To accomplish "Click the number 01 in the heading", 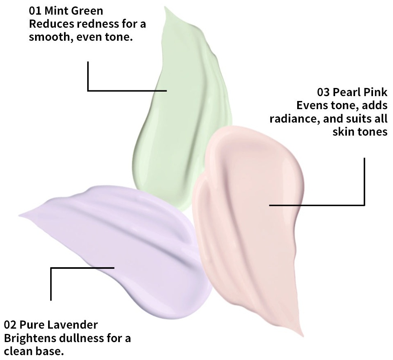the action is point(35,11).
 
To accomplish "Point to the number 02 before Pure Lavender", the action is point(10,325).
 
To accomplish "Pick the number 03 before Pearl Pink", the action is point(323,92).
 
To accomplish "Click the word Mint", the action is point(56,11).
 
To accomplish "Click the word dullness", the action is point(81,338).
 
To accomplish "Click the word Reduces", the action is point(51,24).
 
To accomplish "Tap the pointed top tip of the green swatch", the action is point(165,7).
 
